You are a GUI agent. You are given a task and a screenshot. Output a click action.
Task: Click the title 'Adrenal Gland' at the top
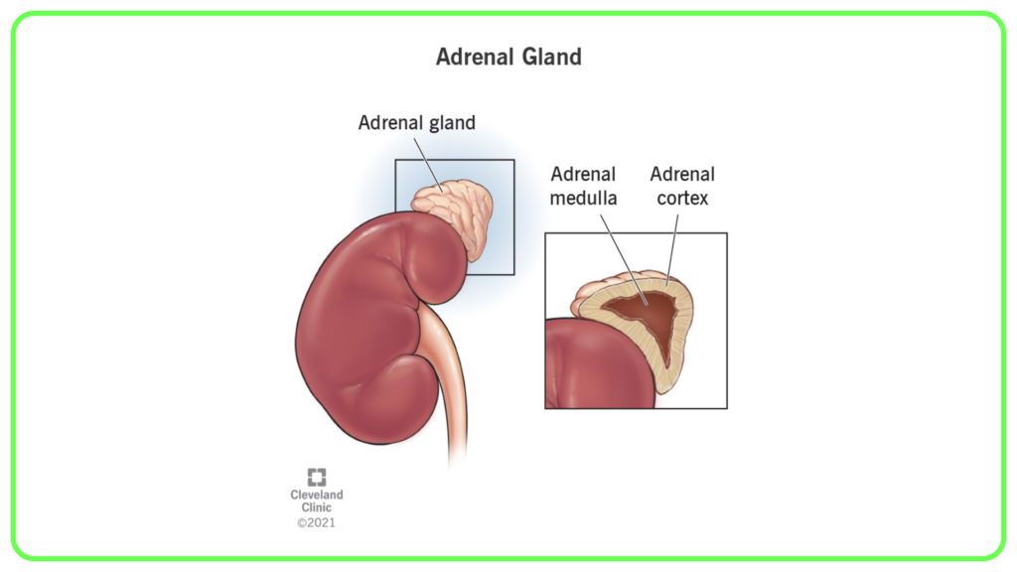coord(508,57)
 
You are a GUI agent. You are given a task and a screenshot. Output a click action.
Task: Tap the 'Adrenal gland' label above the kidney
coord(416,122)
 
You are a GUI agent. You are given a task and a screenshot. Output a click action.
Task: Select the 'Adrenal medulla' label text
coord(583,186)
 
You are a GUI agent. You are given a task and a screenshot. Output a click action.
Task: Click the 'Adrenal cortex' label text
coord(682,186)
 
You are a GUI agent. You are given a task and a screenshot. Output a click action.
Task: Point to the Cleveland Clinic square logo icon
coord(317,478)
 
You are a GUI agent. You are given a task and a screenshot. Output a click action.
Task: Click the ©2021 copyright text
coord(316,522)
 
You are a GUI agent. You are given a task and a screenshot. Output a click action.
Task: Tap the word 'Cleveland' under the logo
coord(317,495)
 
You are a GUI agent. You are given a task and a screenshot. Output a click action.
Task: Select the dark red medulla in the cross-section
coord(649,318)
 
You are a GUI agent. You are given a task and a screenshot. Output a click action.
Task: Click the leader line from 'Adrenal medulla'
coord(624,259)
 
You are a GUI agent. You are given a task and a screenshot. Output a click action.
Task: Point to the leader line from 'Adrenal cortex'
coord(672,250)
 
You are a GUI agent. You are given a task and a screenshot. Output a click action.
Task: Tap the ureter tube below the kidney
coord(449,382)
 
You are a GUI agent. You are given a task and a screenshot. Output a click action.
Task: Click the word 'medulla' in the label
coord(583,198)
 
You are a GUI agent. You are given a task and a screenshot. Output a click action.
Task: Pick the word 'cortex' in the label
coord(682,198)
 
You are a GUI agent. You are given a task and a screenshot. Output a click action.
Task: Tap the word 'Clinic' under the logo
coord(317,507)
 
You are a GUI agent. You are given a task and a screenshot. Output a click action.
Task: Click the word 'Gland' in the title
coord(552,57)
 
